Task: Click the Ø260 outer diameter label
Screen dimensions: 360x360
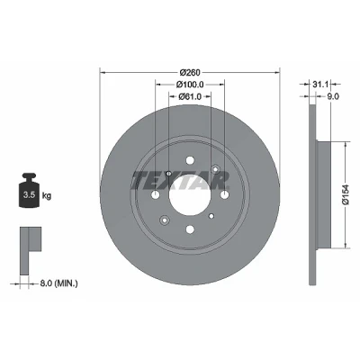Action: (x=190, y=73)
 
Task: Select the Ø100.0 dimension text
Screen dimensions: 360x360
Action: (x=190, y=85)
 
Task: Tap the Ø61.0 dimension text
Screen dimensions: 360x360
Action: (x=190, y=96)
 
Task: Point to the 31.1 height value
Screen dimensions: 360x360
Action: (x=320, y=85)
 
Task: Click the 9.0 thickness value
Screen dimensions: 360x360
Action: (x=333, y=96)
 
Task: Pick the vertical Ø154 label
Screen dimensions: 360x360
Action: (x=346, y=195)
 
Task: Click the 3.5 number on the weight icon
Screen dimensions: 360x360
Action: (x=30, y=195)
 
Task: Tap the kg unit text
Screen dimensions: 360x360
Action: (x=47, y=196)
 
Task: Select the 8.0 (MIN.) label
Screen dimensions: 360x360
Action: (x=58, y=283)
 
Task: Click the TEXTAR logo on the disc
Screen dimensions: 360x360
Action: (x=181, y=181)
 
